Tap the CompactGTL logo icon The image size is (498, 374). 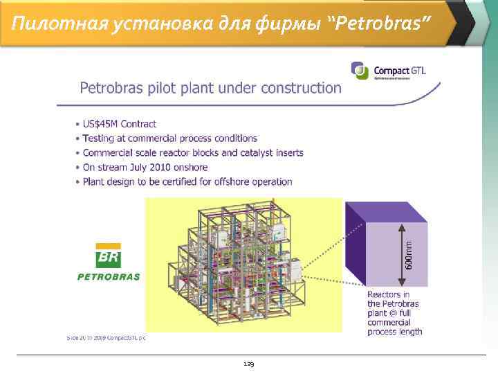(x=359, y=69)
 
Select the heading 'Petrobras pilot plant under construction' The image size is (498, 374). (x=210, y=88)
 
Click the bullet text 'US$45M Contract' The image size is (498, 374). (x=119, y=124)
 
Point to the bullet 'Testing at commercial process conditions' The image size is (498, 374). (x=169, y=139)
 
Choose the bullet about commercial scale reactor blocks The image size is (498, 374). (x=192, y=153)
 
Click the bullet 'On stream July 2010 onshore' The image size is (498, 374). (x=145, y=168)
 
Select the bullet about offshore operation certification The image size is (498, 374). (x=187, y=182)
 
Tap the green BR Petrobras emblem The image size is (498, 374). (x=108, y=256)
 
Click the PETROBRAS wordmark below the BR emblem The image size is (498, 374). (x=108, y=276)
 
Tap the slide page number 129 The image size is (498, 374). (x=248, y=364)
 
